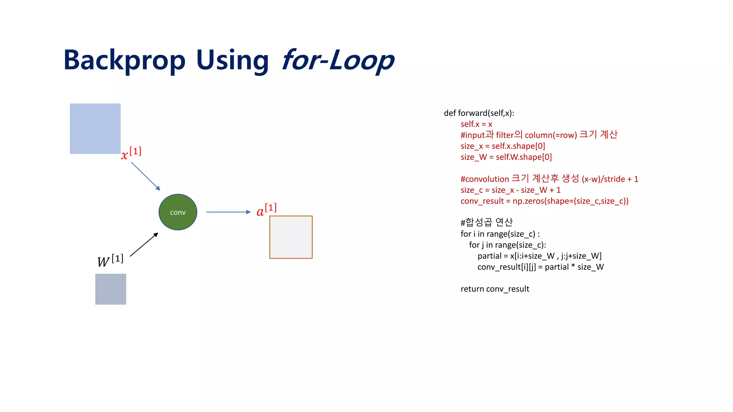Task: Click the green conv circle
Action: [x=178, y=212]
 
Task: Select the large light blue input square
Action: [x=95, y=129]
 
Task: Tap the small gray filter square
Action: [x=111, y=289]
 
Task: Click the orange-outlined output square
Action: [x=291, y=237]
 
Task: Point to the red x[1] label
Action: [x=131, y=153]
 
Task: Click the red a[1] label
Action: [x=267, y=210]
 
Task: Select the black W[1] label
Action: [x=110, y=260]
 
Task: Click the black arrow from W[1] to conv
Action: [x=144, y=245]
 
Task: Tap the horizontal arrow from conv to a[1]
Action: [x=228, y=212]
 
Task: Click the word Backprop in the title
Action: [x=125, y=60]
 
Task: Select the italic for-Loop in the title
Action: [x=338, y=60]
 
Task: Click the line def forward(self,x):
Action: [x=479, y=113]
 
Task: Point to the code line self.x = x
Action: [x=476, y=124]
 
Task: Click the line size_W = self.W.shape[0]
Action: [x=506, y=157]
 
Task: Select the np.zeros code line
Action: [x=544, y=201]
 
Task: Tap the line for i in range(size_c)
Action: [x=500, y=234]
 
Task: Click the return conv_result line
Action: [x=495, y=289]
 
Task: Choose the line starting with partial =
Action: [x=539, y=256]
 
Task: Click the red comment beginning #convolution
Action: [x=549, y=179]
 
